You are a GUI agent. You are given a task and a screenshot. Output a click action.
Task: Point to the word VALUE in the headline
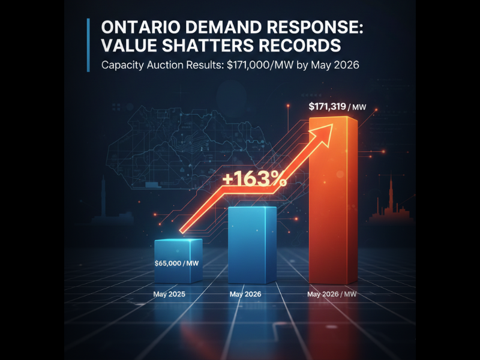127,47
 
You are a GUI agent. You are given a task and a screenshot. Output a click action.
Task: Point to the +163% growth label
254,178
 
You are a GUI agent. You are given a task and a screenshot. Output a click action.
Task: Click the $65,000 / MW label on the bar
178,263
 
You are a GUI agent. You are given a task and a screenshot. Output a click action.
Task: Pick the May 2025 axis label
169,295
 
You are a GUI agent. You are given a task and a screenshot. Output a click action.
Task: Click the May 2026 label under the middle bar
246,295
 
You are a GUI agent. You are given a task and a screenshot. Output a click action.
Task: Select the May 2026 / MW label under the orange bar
332,295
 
